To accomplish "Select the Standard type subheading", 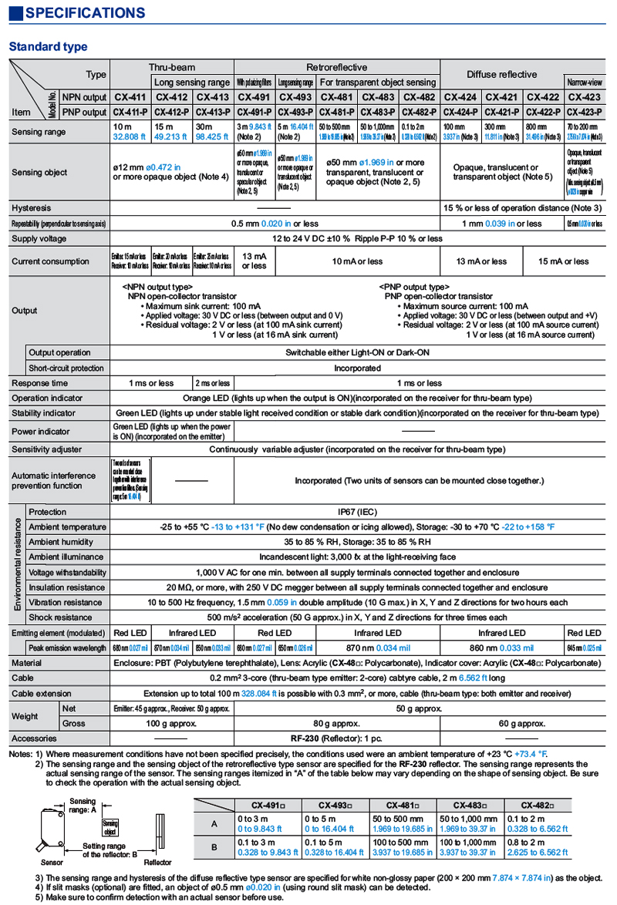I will [x=48, y=47].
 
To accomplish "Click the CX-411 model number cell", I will [x=130, y=97].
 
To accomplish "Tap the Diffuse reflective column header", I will [x=501, y=74].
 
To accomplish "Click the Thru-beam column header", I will [x=171, y=67].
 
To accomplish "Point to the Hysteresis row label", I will [x=32, y=208].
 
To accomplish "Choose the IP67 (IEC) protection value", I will [x=356, y=512].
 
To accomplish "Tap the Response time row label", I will [x=39, y=383].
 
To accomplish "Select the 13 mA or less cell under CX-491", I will [x=254, y=261].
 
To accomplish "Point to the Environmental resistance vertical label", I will [x=16, y=564].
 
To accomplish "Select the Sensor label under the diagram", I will [x=52, y=863].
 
